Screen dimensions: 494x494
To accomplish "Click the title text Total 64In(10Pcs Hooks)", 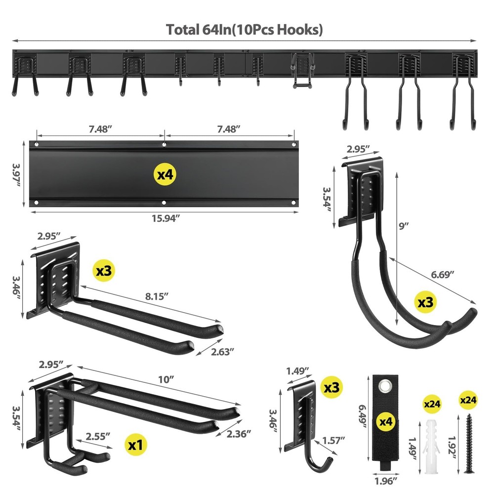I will coord(245,30).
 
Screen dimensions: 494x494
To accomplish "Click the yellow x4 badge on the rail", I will coord(165,174).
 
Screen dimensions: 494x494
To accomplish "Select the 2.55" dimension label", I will coord(97,436).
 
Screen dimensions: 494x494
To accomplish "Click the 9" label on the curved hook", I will coord(404,226).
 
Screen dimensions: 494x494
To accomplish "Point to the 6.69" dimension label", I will coord(442,275).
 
